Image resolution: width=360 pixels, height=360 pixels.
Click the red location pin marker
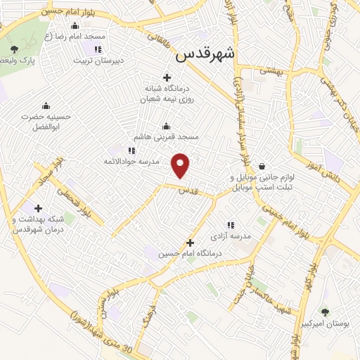181,165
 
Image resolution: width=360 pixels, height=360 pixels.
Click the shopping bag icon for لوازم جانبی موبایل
262,167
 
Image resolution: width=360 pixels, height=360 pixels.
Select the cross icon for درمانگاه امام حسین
189,243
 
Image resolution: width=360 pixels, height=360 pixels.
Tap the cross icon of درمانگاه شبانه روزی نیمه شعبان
167,77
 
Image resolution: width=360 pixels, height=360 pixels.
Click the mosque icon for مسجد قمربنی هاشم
167,127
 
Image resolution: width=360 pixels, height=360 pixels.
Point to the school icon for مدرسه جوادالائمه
131,150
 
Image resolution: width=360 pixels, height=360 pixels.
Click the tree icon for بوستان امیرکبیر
323,312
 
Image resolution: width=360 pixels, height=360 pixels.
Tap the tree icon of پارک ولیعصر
15,49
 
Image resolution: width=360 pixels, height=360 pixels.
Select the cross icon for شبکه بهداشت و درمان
38,208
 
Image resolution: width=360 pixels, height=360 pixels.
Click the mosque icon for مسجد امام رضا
84,26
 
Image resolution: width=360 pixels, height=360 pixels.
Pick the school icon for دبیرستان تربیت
97,49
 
